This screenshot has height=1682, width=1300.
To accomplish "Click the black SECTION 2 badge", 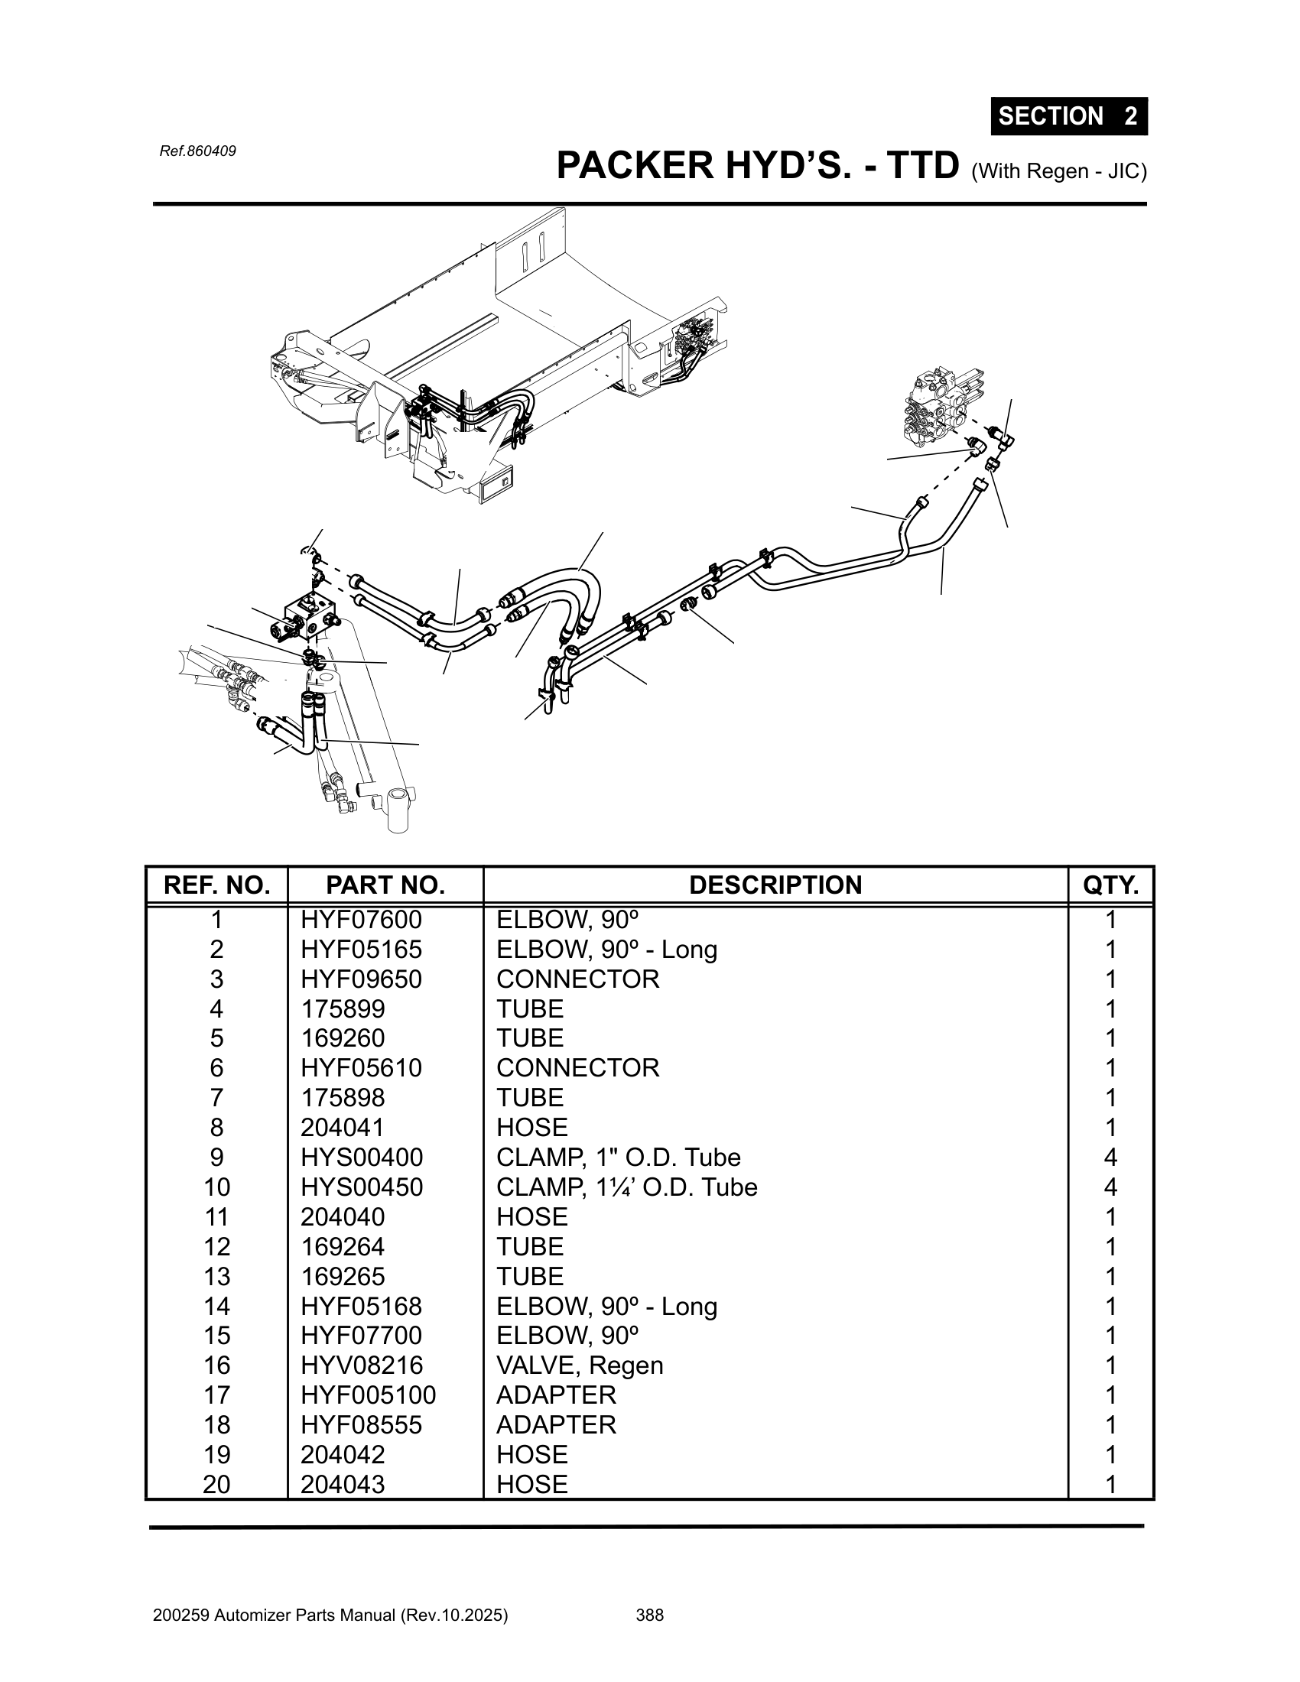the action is [x=1069, y=116].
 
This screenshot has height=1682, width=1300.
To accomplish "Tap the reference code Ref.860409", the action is [x=197, y=151].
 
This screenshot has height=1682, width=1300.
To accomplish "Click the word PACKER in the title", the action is [x=636, y=165].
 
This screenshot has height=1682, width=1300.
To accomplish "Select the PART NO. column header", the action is [x=385, y=885].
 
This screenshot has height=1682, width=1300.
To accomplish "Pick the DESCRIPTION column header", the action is [x=775, y=885].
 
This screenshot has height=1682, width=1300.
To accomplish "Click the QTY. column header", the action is [x=1110, y=885].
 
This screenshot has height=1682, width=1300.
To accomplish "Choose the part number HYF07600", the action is [x=361, y=920].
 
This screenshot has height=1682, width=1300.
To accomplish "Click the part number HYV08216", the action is [x=362, y=1365].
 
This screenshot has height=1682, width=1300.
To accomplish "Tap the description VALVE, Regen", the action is [x=580, y=1365].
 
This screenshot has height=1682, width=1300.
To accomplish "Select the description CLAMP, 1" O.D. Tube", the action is [x=619, y=1157].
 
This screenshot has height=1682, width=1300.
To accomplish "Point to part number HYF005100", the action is [x=368, y=1395].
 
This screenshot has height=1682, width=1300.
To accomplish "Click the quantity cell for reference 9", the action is [x=1110, y=1157].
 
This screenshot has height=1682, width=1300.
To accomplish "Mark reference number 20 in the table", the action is [x=216, y=1484].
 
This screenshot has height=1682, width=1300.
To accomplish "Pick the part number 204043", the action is [x=343, y=1484].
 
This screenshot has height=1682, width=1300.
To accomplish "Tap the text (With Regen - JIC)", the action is [x=1060, y=172].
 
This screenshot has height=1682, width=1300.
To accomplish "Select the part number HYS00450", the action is [x=362, y=1187].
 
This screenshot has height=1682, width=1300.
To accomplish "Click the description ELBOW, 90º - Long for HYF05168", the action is [x=607, y=1306].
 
